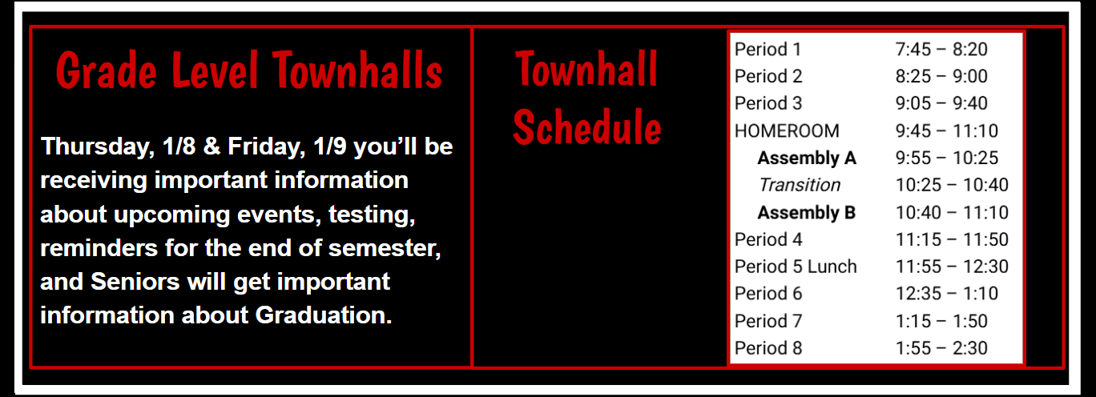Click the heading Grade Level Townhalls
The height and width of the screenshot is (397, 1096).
click(249, 71)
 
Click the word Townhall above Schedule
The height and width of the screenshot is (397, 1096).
click(586, 69)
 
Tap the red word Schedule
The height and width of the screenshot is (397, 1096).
click(587, 126)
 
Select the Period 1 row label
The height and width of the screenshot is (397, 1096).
click(768, 50)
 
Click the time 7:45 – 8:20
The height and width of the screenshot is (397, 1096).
click(941, 50)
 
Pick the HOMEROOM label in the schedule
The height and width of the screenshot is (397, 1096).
click(787, 131)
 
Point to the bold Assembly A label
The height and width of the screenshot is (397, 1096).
click(807, 158)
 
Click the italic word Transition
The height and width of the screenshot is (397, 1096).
click(800, 186)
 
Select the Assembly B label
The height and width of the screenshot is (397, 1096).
click(807, 213)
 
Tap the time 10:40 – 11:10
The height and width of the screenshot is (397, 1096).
click(952, 213)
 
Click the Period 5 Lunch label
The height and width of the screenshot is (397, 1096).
click(796, 267)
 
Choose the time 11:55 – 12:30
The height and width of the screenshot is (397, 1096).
click(952, 267)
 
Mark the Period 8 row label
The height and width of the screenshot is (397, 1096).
click(768, 348)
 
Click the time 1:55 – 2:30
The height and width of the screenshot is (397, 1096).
click(941, 348)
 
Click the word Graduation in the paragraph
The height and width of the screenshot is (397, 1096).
click(324, 315)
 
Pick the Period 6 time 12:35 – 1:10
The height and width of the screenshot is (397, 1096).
click(946, 294)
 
